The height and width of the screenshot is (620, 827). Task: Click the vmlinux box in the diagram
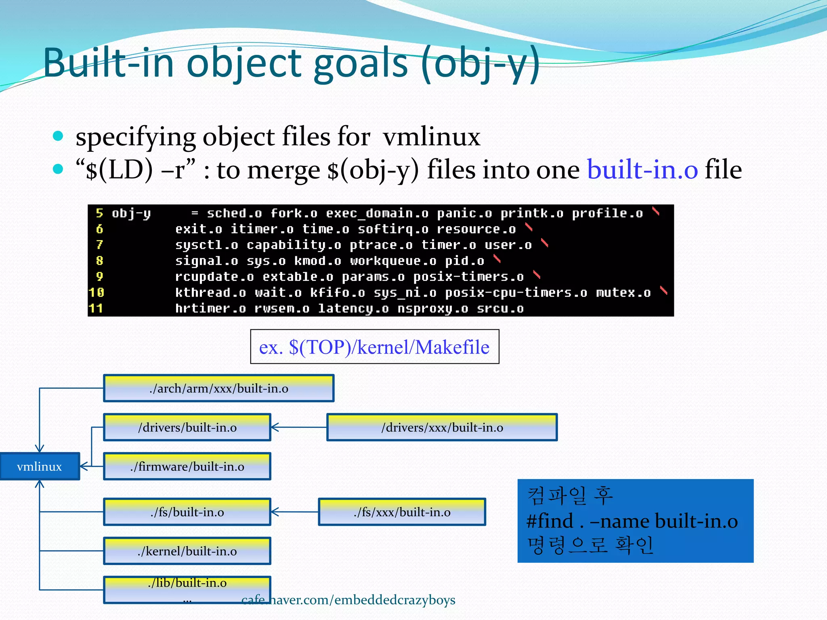click(x=40, y=467)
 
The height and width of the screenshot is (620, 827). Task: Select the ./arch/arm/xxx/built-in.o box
click(x=218, y=388)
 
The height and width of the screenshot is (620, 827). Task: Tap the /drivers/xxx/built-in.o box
click(x=442, y=427)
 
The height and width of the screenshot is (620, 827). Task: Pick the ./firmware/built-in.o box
click(x=187, y=467)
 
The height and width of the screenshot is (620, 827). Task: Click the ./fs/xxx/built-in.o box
click(x=402, y=512)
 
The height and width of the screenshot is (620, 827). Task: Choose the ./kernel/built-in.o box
click(x=187, y=551)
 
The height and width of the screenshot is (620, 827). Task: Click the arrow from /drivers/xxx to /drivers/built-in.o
click(x=299, y=427)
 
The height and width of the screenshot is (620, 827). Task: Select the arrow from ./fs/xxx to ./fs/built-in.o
click(x=295, y=512)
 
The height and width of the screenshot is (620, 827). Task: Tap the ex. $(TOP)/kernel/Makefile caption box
click(x=374, y=347)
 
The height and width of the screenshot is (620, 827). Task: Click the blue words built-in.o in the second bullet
click(x=642, y=170)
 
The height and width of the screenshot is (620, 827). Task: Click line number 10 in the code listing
click(x=97, y=292)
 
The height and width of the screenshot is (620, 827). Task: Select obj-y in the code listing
click(x=131, y=213)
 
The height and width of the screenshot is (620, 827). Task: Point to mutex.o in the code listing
click(x=623, y=292)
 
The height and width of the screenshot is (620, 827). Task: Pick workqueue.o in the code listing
click(x=393, y=261)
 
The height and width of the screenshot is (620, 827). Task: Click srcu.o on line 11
click(x=500, y=309)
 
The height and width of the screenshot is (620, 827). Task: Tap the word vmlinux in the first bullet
click(x=431, y=137)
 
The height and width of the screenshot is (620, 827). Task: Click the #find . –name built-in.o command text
click(x=632, y=521)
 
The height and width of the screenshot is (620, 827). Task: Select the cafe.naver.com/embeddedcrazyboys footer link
click(x=348, y=600)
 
